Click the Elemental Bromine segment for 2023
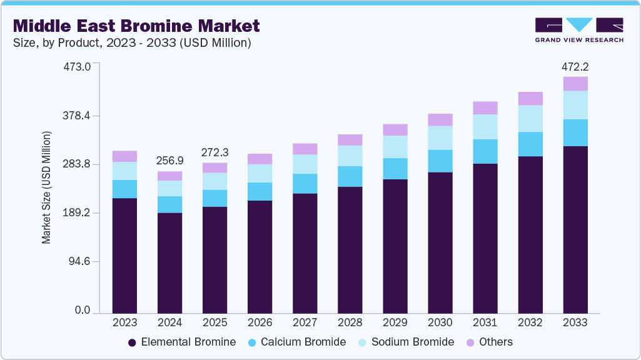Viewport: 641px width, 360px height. tap(124, 255)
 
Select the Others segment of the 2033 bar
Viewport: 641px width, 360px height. tap(575, 84)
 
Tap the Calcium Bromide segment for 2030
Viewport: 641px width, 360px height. tap(440, 161)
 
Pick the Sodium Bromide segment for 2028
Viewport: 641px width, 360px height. tap(350, 156)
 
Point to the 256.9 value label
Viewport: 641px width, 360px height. tap(169, 161)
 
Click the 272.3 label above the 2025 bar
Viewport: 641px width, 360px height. tap(215, 152)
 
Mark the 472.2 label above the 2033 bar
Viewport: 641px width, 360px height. tap(575, 66)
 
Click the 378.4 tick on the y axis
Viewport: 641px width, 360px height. tap(78, 116)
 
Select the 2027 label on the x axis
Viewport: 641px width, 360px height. tap(305, 322)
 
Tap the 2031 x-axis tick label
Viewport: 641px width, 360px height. tap(485, 322)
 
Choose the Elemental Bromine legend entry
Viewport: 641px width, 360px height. tap(188, 342)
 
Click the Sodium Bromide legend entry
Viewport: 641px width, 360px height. tap(412, 342)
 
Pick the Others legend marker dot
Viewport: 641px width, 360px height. tap(470, 342)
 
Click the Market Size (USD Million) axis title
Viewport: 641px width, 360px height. tap(46, 187)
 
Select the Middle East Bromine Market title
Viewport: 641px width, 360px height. tap(136, 26)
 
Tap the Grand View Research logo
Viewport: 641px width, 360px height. tap(578, 29)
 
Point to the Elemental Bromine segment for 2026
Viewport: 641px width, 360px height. tap(260, 256)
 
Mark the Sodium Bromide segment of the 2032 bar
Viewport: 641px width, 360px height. tap(530, 118)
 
